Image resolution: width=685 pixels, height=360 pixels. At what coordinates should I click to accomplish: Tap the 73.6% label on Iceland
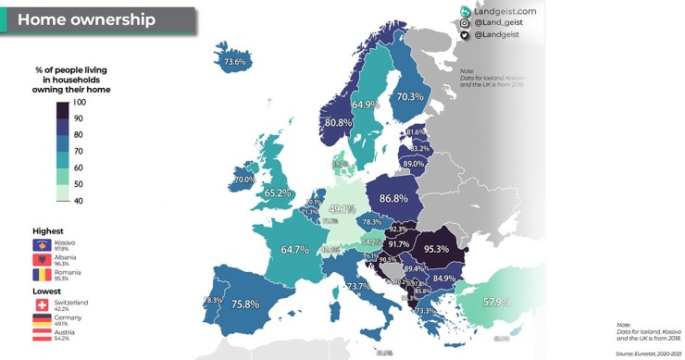click(x=235, y=63)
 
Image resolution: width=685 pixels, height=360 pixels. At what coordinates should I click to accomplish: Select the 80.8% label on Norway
click(x=337, y=122)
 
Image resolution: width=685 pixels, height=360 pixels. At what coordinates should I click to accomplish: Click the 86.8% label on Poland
click(x=393, y=198)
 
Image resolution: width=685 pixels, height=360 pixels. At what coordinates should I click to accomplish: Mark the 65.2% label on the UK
click(x=278, y=193)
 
